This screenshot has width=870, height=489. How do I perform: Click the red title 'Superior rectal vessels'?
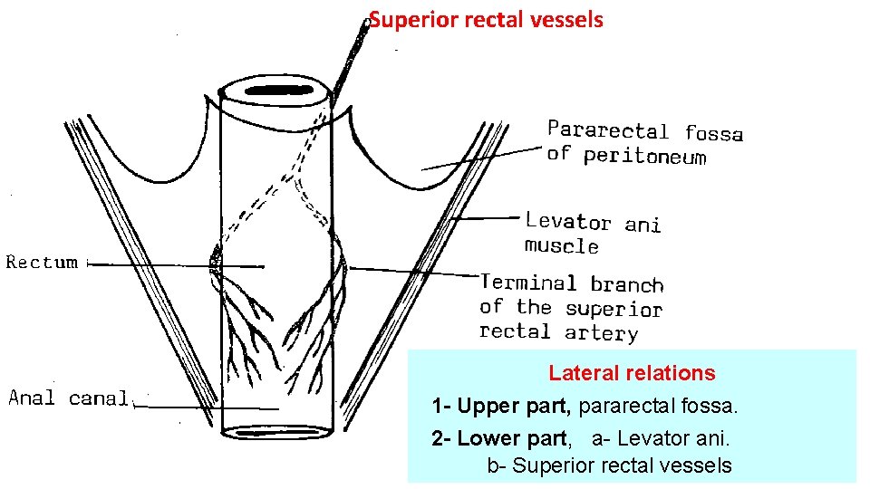487,19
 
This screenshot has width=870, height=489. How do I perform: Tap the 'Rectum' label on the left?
42,263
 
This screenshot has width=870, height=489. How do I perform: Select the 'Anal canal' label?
70,398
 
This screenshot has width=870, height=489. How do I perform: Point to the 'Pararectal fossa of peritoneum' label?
644,143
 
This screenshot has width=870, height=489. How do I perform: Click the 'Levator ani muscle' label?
593,233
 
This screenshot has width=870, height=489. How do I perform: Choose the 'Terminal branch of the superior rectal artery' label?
571,308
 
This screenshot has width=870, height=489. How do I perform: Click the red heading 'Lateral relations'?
632,373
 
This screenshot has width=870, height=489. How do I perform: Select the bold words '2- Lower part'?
499,439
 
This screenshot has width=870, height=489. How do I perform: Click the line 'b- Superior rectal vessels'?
609,466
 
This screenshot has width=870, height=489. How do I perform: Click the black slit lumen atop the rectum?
276,91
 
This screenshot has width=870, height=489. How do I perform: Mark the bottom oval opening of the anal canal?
275,432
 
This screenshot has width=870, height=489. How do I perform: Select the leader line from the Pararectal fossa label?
480,158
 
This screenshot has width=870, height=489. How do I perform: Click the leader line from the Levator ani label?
485,218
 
